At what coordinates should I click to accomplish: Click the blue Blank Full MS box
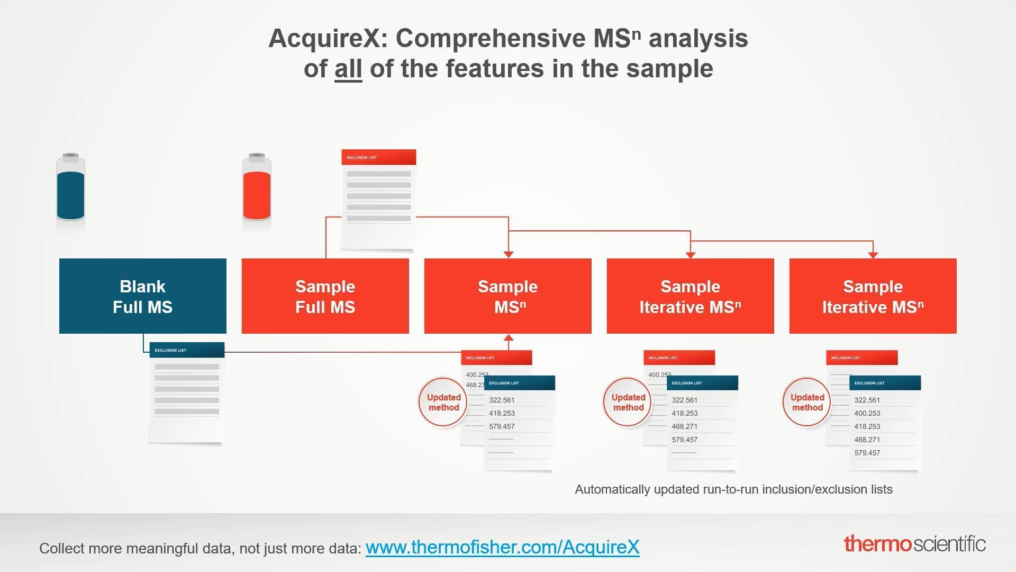point(142,296)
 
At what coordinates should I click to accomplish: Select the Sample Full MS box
point(325,296)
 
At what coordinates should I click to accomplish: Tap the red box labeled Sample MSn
point(507,296)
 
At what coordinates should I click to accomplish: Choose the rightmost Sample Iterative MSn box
point(873,296)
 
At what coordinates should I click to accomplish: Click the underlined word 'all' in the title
point(348,69)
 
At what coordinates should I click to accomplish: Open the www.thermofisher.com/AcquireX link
point(502,547)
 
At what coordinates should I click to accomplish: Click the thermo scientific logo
point(914,544)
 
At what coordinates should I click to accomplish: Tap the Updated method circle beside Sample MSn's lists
point(443,403)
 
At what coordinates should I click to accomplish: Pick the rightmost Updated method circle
point(807,403)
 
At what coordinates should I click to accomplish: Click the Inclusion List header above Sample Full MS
point(378,157)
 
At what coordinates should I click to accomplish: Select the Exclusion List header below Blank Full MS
point(187,350)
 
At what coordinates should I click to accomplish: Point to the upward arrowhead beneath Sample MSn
point(508,338)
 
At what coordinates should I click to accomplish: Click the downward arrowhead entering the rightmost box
point(873,255)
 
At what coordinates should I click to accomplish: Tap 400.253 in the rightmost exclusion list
point(867,414)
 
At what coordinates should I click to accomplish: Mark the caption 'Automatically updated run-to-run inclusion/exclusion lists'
point(733,489)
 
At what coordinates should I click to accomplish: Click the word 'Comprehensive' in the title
point(491,39)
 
